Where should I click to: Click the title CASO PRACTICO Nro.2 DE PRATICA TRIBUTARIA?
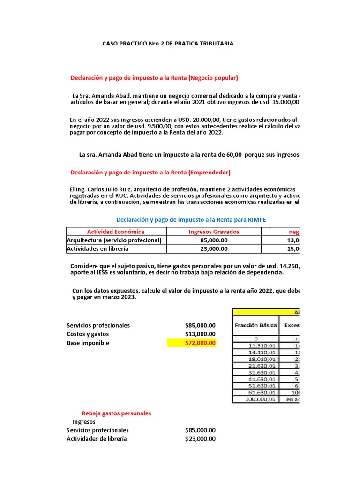point(168,44)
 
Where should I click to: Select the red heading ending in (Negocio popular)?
point(154,78)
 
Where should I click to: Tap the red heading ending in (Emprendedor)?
point(150,172)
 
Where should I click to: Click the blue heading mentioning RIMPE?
point(191,219)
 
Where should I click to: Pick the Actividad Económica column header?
point(116,232)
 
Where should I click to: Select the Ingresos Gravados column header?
point(214,232)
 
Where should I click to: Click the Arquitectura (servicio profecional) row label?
point(114,240)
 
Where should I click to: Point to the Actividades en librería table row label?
point(97,249)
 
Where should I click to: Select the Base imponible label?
point(88,343)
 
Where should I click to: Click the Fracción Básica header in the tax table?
point(255,325)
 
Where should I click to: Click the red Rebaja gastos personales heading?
point(116,413)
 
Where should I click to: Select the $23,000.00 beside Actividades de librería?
point(200,439)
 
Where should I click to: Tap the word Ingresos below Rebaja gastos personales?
point(84,421)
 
